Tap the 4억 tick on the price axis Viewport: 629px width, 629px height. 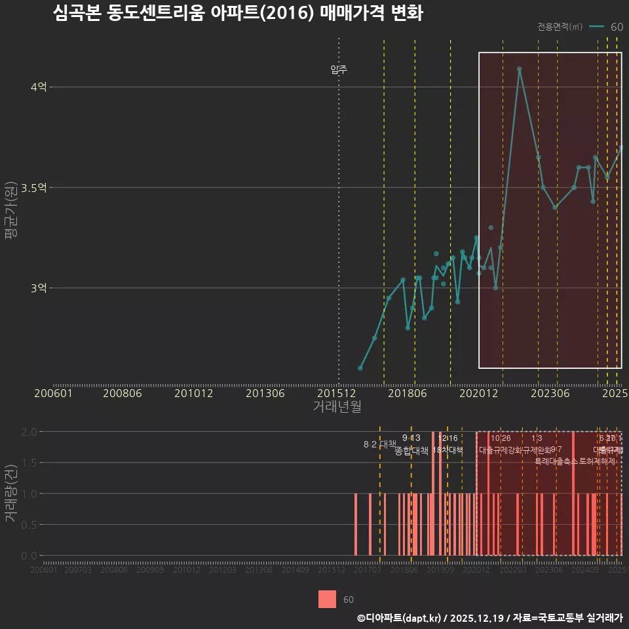point(38,87)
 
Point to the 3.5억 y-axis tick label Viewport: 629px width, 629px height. point(34,188)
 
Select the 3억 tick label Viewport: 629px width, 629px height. point(38,288)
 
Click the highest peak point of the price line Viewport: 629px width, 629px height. point(519,69)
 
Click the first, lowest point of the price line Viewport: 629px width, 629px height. point(360,368)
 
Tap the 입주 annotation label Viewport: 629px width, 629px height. point(339,69)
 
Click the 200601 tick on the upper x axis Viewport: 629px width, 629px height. point(53,394)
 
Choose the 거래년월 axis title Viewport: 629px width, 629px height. point(337,407)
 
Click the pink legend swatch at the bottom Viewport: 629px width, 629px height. point(327,600)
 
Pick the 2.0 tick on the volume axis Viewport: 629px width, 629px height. point(29,432)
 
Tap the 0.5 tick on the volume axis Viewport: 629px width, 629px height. point(29,525)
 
